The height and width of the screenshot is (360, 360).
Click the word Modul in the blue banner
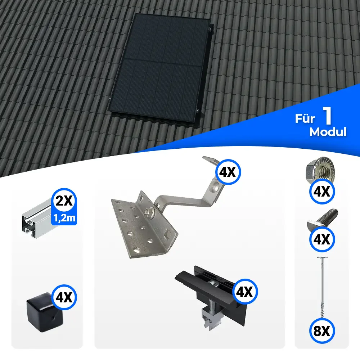tap(328, 132)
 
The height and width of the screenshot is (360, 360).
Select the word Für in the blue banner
tap(305, 118)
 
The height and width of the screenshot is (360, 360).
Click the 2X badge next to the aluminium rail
tap(64, 201)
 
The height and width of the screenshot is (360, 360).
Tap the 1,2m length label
tap(64, 218)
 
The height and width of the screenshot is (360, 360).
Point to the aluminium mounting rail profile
tap(37, 218)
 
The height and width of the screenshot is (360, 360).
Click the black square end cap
tap(45, 312)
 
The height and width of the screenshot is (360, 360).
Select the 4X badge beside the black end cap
tap(64, 298)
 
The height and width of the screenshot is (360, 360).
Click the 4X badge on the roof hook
tap(228, 172)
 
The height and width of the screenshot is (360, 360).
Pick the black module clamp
tap(210, 296)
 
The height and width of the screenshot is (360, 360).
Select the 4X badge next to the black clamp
tap(245, 292)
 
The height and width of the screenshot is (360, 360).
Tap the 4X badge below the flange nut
tap(322, 192)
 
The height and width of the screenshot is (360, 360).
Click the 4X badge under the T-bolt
tap(322, 239)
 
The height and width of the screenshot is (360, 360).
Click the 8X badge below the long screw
tap(322, 331)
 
